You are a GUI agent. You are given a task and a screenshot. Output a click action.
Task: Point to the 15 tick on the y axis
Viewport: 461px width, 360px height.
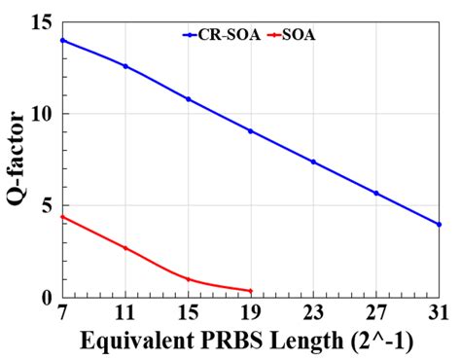pos(43,22)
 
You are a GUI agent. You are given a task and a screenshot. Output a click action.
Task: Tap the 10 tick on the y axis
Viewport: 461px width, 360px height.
pos(43,114)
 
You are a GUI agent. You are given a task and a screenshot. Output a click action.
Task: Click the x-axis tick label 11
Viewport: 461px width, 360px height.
pos(125,314)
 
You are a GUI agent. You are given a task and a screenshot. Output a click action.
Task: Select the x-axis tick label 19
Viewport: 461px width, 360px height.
pos(251,314)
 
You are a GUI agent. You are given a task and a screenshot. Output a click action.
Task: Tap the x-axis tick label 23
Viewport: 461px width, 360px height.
pos(313,314)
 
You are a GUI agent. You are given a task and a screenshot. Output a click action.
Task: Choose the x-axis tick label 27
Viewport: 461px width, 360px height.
pos(376,314)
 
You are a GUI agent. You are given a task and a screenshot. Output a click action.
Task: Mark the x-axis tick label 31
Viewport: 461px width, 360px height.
pos(438,314)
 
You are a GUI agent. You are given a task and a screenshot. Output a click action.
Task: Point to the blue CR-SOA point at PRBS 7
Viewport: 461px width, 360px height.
pos(63,40)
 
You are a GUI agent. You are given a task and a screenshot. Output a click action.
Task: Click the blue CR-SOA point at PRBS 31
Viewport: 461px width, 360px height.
pos(439,224)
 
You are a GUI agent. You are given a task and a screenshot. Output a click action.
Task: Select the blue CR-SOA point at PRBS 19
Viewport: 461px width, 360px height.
pos(251,130)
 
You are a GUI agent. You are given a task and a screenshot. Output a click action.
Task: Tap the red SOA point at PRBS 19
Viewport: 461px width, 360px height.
pos(251,291)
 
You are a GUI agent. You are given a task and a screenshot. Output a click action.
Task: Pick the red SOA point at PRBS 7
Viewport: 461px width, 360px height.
pos(63,216)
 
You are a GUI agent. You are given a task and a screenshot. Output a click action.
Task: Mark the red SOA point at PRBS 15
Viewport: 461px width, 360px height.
pos(188,279)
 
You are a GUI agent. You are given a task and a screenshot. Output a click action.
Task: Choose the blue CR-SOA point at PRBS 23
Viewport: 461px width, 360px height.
pos(313,162)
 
